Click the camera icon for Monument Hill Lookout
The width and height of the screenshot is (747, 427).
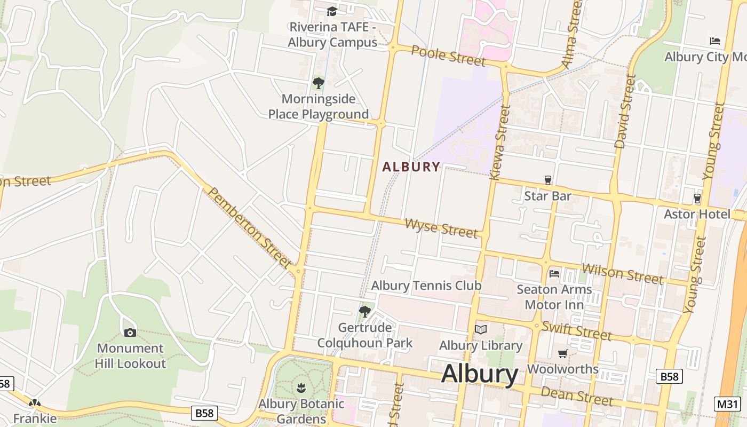tap(130, 333)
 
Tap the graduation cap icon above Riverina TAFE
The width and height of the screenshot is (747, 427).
tap(332, 11)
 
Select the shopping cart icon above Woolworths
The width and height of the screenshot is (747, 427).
tap(562, 353)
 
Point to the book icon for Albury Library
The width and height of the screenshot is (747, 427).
tap(481, 329)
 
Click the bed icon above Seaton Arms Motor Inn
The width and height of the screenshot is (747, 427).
tap(554, 274)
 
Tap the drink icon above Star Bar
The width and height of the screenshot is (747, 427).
tap(547, 180)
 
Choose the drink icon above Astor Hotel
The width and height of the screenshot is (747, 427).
tap(697, 199)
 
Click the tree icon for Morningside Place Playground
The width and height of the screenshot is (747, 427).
tap(319, 83)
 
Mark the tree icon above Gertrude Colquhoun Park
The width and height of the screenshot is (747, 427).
tap(365, 312)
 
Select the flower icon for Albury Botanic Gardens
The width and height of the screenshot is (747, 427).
tap(301, 388)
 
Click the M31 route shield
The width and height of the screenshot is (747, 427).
tap(727, 404)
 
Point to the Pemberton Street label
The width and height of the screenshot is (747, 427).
tap(249, 227)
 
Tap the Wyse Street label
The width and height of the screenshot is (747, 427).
tap(441, 228)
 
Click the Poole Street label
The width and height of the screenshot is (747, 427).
tap(449, 56)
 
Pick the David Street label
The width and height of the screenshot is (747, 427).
tap(625, 111)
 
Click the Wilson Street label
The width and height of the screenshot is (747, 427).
tap(623, 274)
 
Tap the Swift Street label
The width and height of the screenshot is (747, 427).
tap(576, 331)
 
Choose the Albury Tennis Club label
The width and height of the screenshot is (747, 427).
tap(426, 286)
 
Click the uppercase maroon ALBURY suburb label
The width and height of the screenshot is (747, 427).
tap(411, 167)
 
